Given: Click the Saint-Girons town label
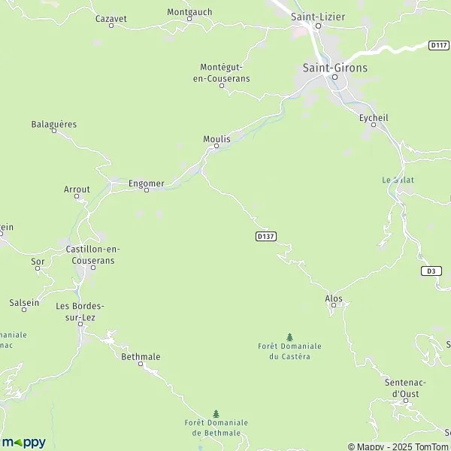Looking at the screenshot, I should (x=335, y=68).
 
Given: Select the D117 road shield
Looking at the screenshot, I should (x=439, y=45).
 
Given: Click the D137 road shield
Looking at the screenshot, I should (x=266, y=236).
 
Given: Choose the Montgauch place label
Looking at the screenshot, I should (x=189, y=13).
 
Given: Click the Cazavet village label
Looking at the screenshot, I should (x=110, y=17).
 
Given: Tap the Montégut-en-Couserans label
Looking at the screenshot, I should (x=225, y=72).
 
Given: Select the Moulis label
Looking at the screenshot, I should (x=216, y=138).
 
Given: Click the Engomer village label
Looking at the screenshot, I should (x=146, y=182).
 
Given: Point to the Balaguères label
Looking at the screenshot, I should (x=54, y=124).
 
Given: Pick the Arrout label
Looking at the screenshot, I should (x=77, y=189).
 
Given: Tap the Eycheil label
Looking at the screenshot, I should (x=373, y=117).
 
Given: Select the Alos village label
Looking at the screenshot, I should (x=334, y=298).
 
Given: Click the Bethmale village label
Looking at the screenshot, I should (x=141, y=357).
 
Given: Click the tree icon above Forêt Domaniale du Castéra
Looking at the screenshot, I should (x=289, y=337).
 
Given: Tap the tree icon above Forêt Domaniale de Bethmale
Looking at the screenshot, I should (x=216, y=413).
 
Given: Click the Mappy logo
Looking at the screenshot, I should (x=23, y=442).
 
